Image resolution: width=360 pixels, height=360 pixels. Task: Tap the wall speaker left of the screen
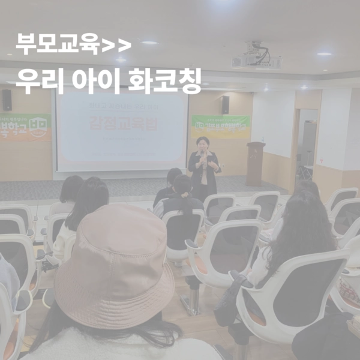[x=7, y=100]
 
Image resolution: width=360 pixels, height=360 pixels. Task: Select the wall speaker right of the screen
[x=225, y=104]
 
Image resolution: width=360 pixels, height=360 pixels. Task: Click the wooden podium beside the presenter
[x=255, y=163]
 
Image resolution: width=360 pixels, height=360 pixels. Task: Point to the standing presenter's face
[x=203, y=145]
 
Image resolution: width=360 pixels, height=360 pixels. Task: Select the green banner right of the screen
[x=220, y=126]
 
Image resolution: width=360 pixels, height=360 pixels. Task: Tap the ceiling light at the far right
[x=324, y=54]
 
